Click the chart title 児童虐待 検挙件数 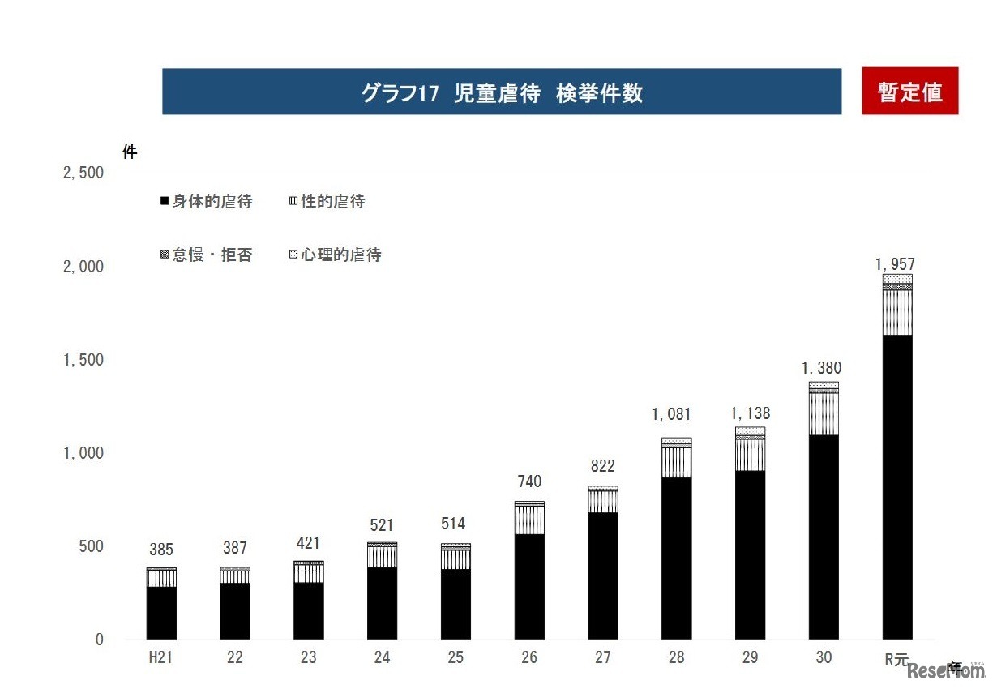click(502, 92)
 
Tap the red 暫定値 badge click(909, 92)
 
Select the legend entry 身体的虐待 click(208, 202)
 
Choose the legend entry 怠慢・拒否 click(208, 255)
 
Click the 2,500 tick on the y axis click(83, 173)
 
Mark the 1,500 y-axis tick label click(83, 360)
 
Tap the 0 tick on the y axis click(99, 640)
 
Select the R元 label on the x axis click(896, 659)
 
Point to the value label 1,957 click(896, 264)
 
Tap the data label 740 click(529, 482)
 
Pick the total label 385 click(161, 550)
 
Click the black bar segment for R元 click(897, 486)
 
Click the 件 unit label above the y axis click(130, 152)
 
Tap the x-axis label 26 click(529, 658)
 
